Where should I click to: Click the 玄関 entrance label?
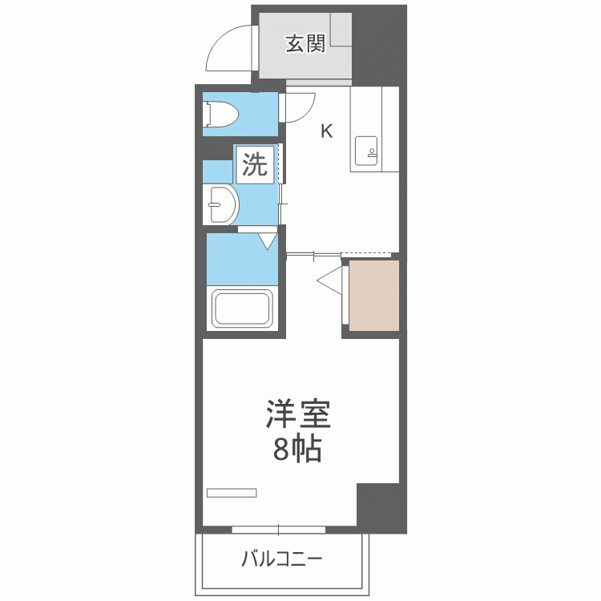pos(305,43)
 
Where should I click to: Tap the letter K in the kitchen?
pos(327,131)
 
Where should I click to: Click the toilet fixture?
pos(221,114)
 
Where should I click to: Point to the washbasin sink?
pos(220,205)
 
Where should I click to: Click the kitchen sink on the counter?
pos(368,151)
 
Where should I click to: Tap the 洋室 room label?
pos(297,416)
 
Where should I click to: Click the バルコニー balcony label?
pos(282,558)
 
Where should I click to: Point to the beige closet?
pos(373,294)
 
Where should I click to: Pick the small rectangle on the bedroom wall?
pos(232,492)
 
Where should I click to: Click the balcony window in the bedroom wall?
pos(279,529)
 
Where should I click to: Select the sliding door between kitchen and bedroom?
pos(313,255)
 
